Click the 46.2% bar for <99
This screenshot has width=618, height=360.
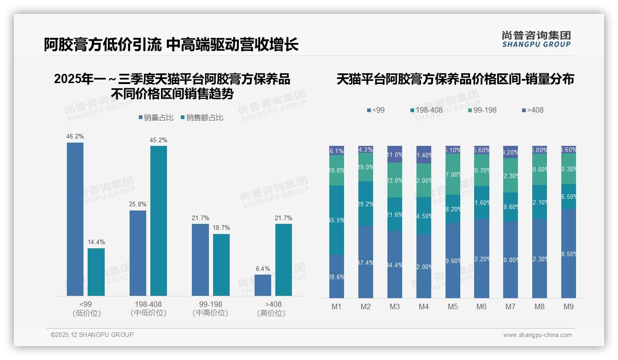(x=75, y=219)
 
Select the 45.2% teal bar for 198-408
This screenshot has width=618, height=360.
(x=158, y=221)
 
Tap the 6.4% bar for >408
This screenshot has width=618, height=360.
(x=263, y=285)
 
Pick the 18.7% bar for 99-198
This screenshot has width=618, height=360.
(x=221, y=264)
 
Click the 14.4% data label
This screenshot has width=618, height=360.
(x=96, y=242)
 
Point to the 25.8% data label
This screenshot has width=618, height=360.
(x=137, y=204)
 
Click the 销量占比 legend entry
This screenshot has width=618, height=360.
(x=156, y=118)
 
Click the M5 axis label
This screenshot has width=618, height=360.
(x=452, y=307)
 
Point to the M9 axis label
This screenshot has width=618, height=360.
(x=569, y=307)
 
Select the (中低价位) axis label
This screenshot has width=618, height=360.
(x=148, y=313)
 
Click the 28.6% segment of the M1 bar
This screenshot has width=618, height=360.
(x=337, y=276)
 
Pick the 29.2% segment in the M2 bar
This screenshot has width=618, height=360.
(x=366, y=204)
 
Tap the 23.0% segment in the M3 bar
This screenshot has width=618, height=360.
(x=395, y=180)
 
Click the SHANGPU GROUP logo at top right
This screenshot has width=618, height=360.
(x=536, y=39)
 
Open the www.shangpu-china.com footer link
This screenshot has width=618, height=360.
(x=537, y=335)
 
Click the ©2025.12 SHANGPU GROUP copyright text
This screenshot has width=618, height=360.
(x=92, y=335)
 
